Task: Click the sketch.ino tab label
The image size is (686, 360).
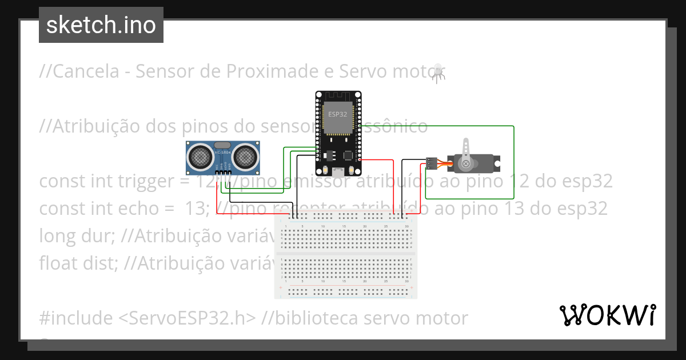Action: click(x=101, y=25)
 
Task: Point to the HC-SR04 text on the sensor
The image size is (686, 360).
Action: click(x=222, y=153)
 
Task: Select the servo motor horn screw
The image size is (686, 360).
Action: click(x=466, y=164)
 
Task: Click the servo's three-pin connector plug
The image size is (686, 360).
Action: click(x=432, y=163)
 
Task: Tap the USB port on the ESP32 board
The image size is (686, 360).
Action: click(x=338, y=171)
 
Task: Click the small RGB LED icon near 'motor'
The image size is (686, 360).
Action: click(x=438, y=73)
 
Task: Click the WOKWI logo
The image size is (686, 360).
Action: click(x=607, y=315)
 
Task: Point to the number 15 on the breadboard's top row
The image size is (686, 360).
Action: click(x=344, y=227)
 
